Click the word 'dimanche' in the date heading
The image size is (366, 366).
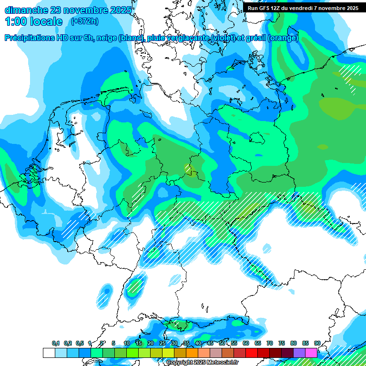point(25,10)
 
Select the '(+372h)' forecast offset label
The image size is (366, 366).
point(85,21)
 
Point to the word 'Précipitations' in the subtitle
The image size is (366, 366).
point(35,38)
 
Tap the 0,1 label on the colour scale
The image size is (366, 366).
point(56,343)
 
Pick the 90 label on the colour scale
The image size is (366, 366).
point(317,343)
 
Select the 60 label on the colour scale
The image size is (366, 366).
point(246,343)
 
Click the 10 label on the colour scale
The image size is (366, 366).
point(127,343)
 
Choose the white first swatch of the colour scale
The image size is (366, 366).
point(49,353)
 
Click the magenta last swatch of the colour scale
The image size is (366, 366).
point(311,353)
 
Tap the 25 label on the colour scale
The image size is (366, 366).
point(163,343)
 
